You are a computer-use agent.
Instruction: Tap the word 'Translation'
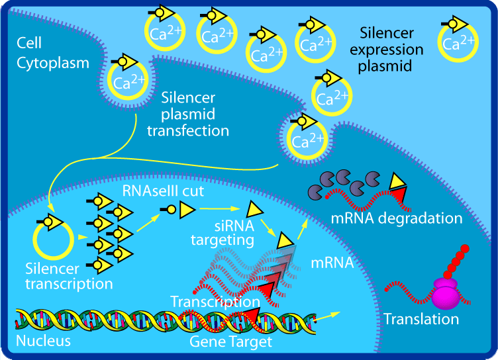pyautogui.click(x=421, y=319)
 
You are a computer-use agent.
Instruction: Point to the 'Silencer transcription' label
pyautogui.click(x=68, y=277)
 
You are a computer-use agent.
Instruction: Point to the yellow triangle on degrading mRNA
pyautogui.click(x=397, y=179)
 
